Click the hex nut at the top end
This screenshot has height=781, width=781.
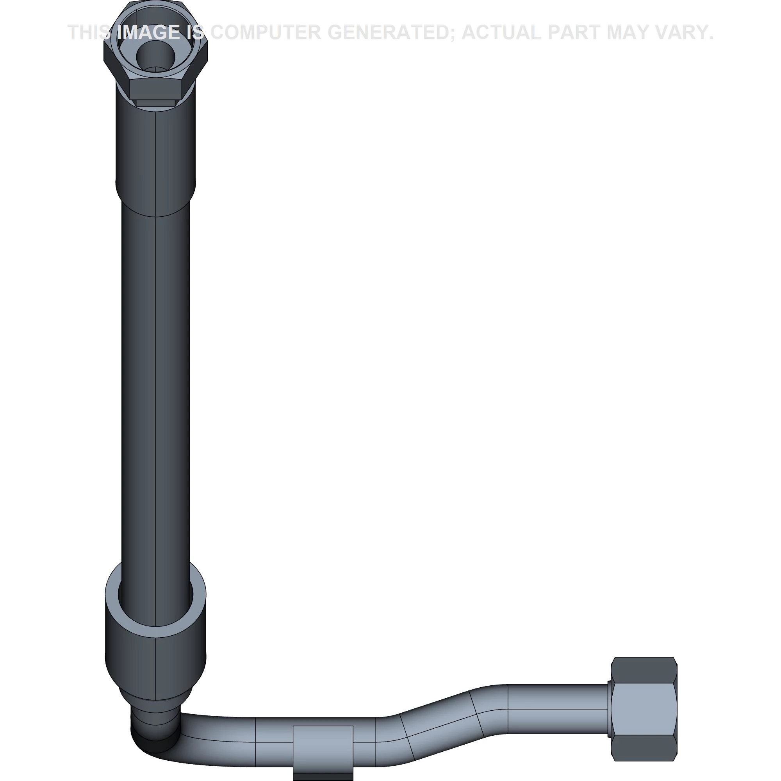[x=156, y=81]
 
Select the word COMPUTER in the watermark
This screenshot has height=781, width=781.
[x=265, y=33]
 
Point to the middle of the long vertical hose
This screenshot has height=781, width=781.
[x=156, y=384]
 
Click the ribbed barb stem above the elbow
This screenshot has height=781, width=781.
[x=156, y=717]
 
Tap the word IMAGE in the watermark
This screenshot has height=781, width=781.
[x=149, y=33]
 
